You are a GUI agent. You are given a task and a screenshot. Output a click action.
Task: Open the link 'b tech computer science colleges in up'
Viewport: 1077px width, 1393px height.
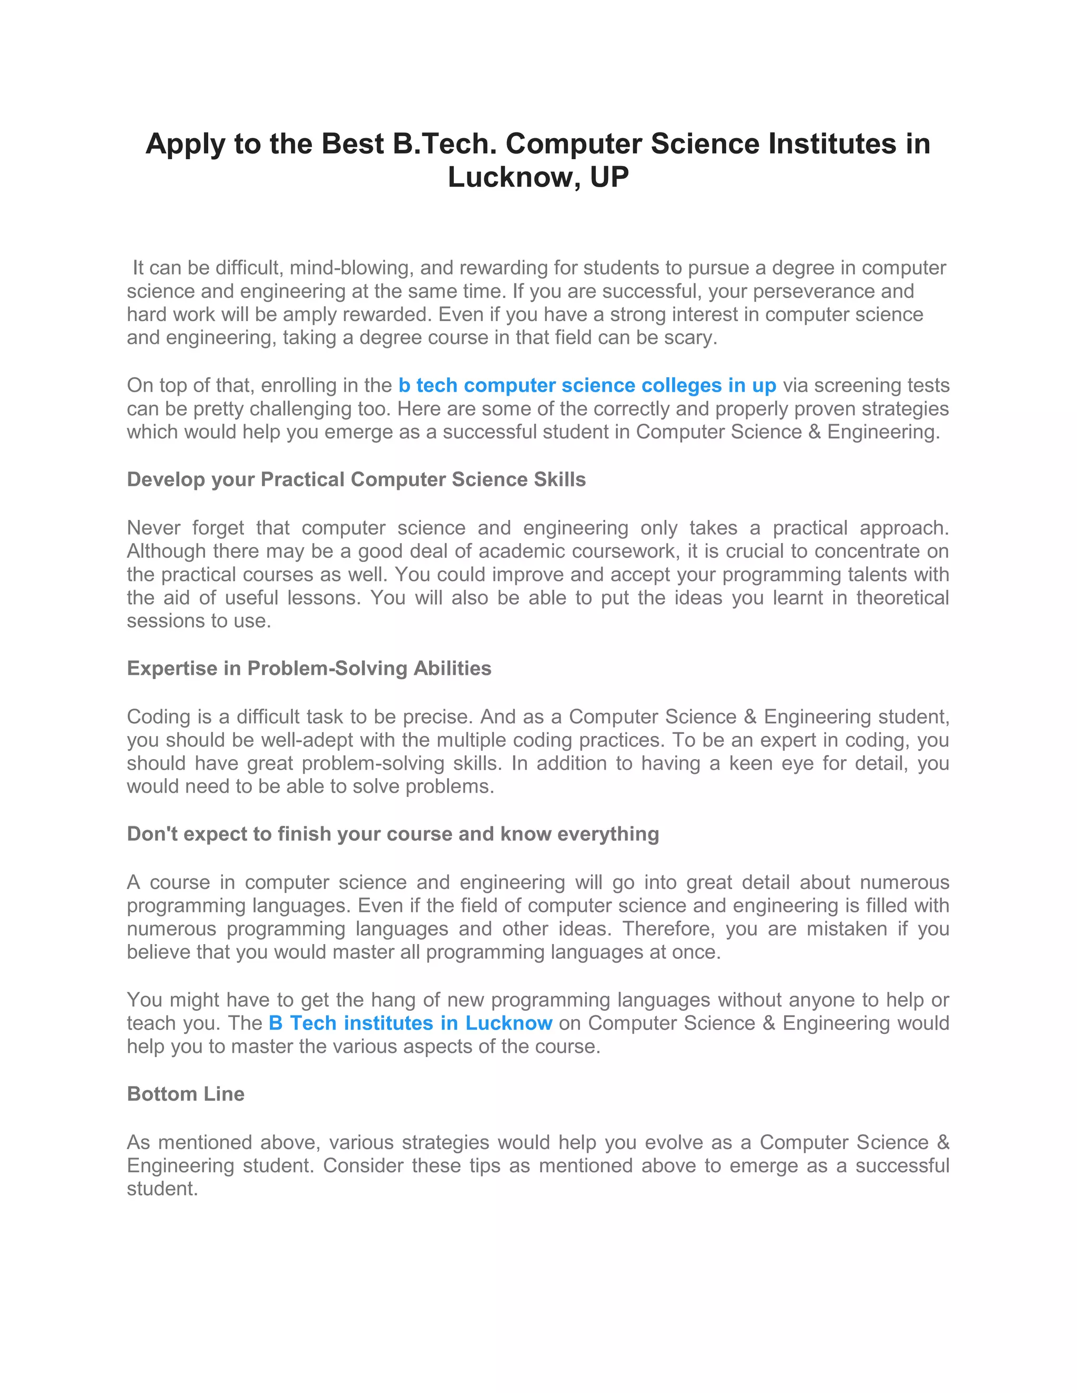point(587,385)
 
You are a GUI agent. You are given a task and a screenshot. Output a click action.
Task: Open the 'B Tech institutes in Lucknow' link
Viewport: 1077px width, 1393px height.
point(410,1023)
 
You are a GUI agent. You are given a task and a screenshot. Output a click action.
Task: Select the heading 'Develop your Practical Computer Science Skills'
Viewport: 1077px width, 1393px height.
point(356,479)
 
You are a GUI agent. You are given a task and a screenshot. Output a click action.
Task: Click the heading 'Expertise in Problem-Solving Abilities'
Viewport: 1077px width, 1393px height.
point(309,668)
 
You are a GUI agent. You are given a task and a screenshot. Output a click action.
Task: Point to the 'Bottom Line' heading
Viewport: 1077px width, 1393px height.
point(186,1094)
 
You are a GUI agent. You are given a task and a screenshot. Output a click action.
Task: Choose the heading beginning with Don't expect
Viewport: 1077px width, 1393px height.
point(392,834)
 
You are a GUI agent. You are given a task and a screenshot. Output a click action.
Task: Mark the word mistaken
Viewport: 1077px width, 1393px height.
point(846,929)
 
